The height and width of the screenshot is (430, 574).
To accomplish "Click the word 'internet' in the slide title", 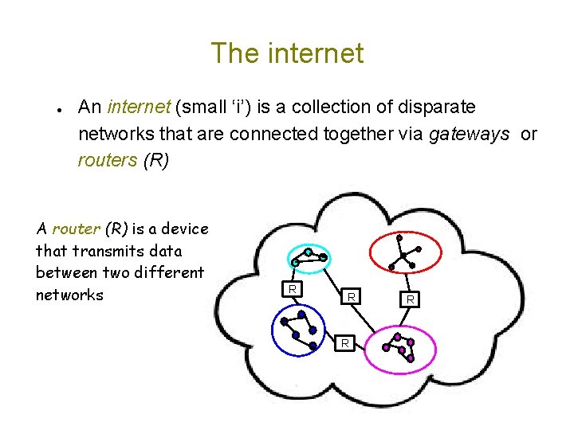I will point(317,53).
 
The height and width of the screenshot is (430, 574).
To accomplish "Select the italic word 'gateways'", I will point(469,133).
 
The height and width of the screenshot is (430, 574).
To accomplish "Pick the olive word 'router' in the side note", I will point(77,229).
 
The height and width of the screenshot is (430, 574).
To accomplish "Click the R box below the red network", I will point(410,299).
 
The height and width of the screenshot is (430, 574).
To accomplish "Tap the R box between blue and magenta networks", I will point(345,343).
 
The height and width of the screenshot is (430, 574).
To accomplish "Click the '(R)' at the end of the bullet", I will point(156,159).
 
